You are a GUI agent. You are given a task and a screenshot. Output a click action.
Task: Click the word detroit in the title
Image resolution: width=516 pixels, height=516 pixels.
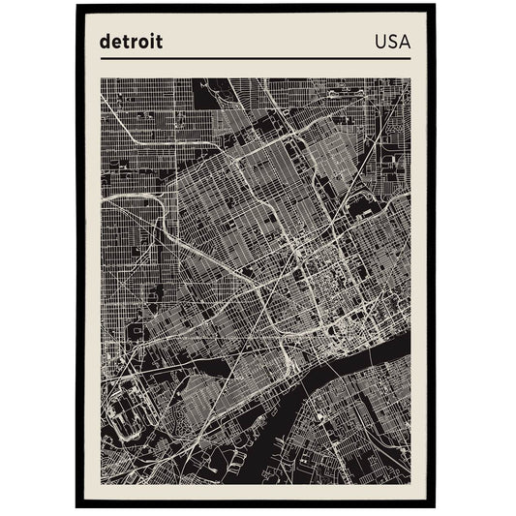click(131, 42)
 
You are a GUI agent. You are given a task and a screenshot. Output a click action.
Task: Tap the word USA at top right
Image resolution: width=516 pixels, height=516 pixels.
click(391, 42)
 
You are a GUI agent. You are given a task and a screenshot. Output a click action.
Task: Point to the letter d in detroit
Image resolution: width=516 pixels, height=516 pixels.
click(105, 42)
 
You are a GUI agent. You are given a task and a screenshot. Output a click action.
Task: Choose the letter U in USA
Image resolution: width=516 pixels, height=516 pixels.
click(379, 42)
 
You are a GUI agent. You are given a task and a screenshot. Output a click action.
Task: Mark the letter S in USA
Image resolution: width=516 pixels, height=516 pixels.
click(391, 42)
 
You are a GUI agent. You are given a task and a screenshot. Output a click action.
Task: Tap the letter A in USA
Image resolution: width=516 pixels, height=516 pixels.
click(404, 42)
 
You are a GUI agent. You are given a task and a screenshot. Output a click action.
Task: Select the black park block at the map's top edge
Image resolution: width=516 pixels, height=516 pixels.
click(206, 92)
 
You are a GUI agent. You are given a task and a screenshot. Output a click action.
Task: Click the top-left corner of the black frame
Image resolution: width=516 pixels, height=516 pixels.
click(77, 6)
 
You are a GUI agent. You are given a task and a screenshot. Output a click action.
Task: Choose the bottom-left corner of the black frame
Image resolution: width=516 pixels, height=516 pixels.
click(77, 506)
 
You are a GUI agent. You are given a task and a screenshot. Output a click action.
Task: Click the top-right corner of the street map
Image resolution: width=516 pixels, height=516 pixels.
click(410, 79)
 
